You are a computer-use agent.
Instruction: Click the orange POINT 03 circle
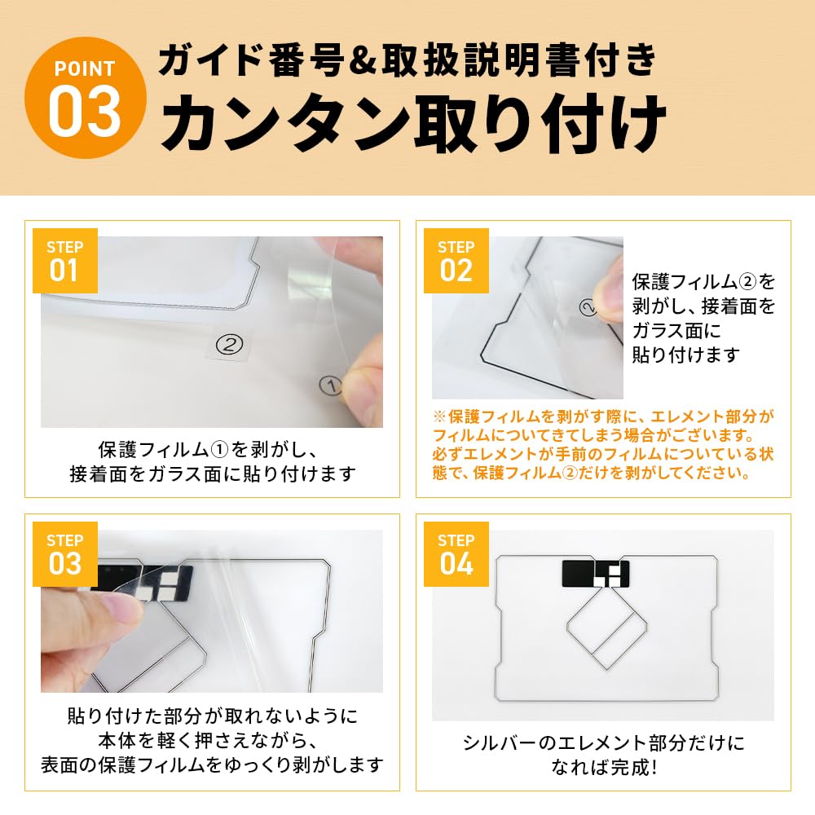click(x=86, y=98)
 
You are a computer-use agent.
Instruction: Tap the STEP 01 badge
click(x=65, y=261)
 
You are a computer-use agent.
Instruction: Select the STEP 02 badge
click(x=456, y=261)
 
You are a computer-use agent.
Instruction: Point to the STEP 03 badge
click(x=65, y=554)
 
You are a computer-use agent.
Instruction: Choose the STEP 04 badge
click(x=456, y=554)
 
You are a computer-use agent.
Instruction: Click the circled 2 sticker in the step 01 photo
click(x=229, y=344)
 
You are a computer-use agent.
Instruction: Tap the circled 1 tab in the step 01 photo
click(x=330, y=385)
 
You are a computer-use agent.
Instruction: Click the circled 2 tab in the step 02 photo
click(x=588, y=308)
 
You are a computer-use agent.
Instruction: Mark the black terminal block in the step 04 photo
click(x=596, y=573)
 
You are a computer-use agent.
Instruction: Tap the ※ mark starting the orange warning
click(x=440, y=416)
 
